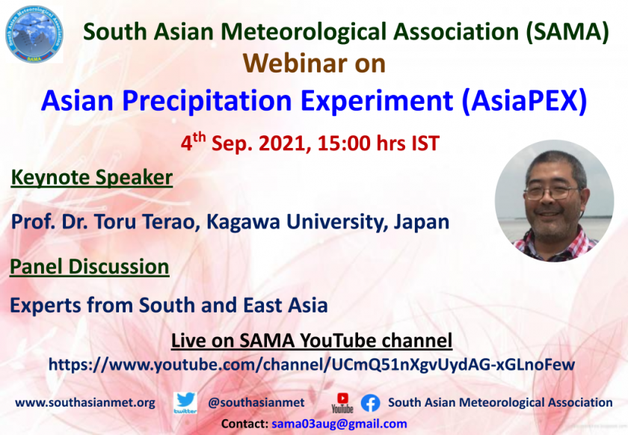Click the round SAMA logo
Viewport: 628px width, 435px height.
pyautogui.click(x=34, y=34)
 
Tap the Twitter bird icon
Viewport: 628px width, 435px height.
pyautogui.click(x=185, y=403)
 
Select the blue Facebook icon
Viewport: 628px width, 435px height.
pyautogui.click(x=371, y=403)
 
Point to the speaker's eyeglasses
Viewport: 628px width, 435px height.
pyautogui.click(x=551, y=193)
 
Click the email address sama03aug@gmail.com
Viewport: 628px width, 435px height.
pyautogui.click(x=339, y=424)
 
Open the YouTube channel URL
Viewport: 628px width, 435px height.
pyautogui.click(x=312, y=365)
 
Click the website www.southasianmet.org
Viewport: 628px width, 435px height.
pyautogui.click(x=85, y=403)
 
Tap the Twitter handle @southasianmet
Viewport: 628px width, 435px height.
pyautogui.click(x=256, y=403)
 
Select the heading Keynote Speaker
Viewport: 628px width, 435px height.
pyautogui.click(x=92, y=177)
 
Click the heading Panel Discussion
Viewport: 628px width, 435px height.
pyautogui.click(x=89, y=267)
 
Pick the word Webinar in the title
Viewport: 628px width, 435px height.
pyautogui.click(x=295, y=64)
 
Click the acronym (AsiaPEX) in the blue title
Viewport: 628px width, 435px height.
pyautogui.click(x=524, y=101)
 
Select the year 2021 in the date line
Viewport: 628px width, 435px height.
pyautogui.click(x=285, y=144)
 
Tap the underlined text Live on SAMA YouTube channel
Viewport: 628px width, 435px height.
pyautogui.click(x=312, y=341)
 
